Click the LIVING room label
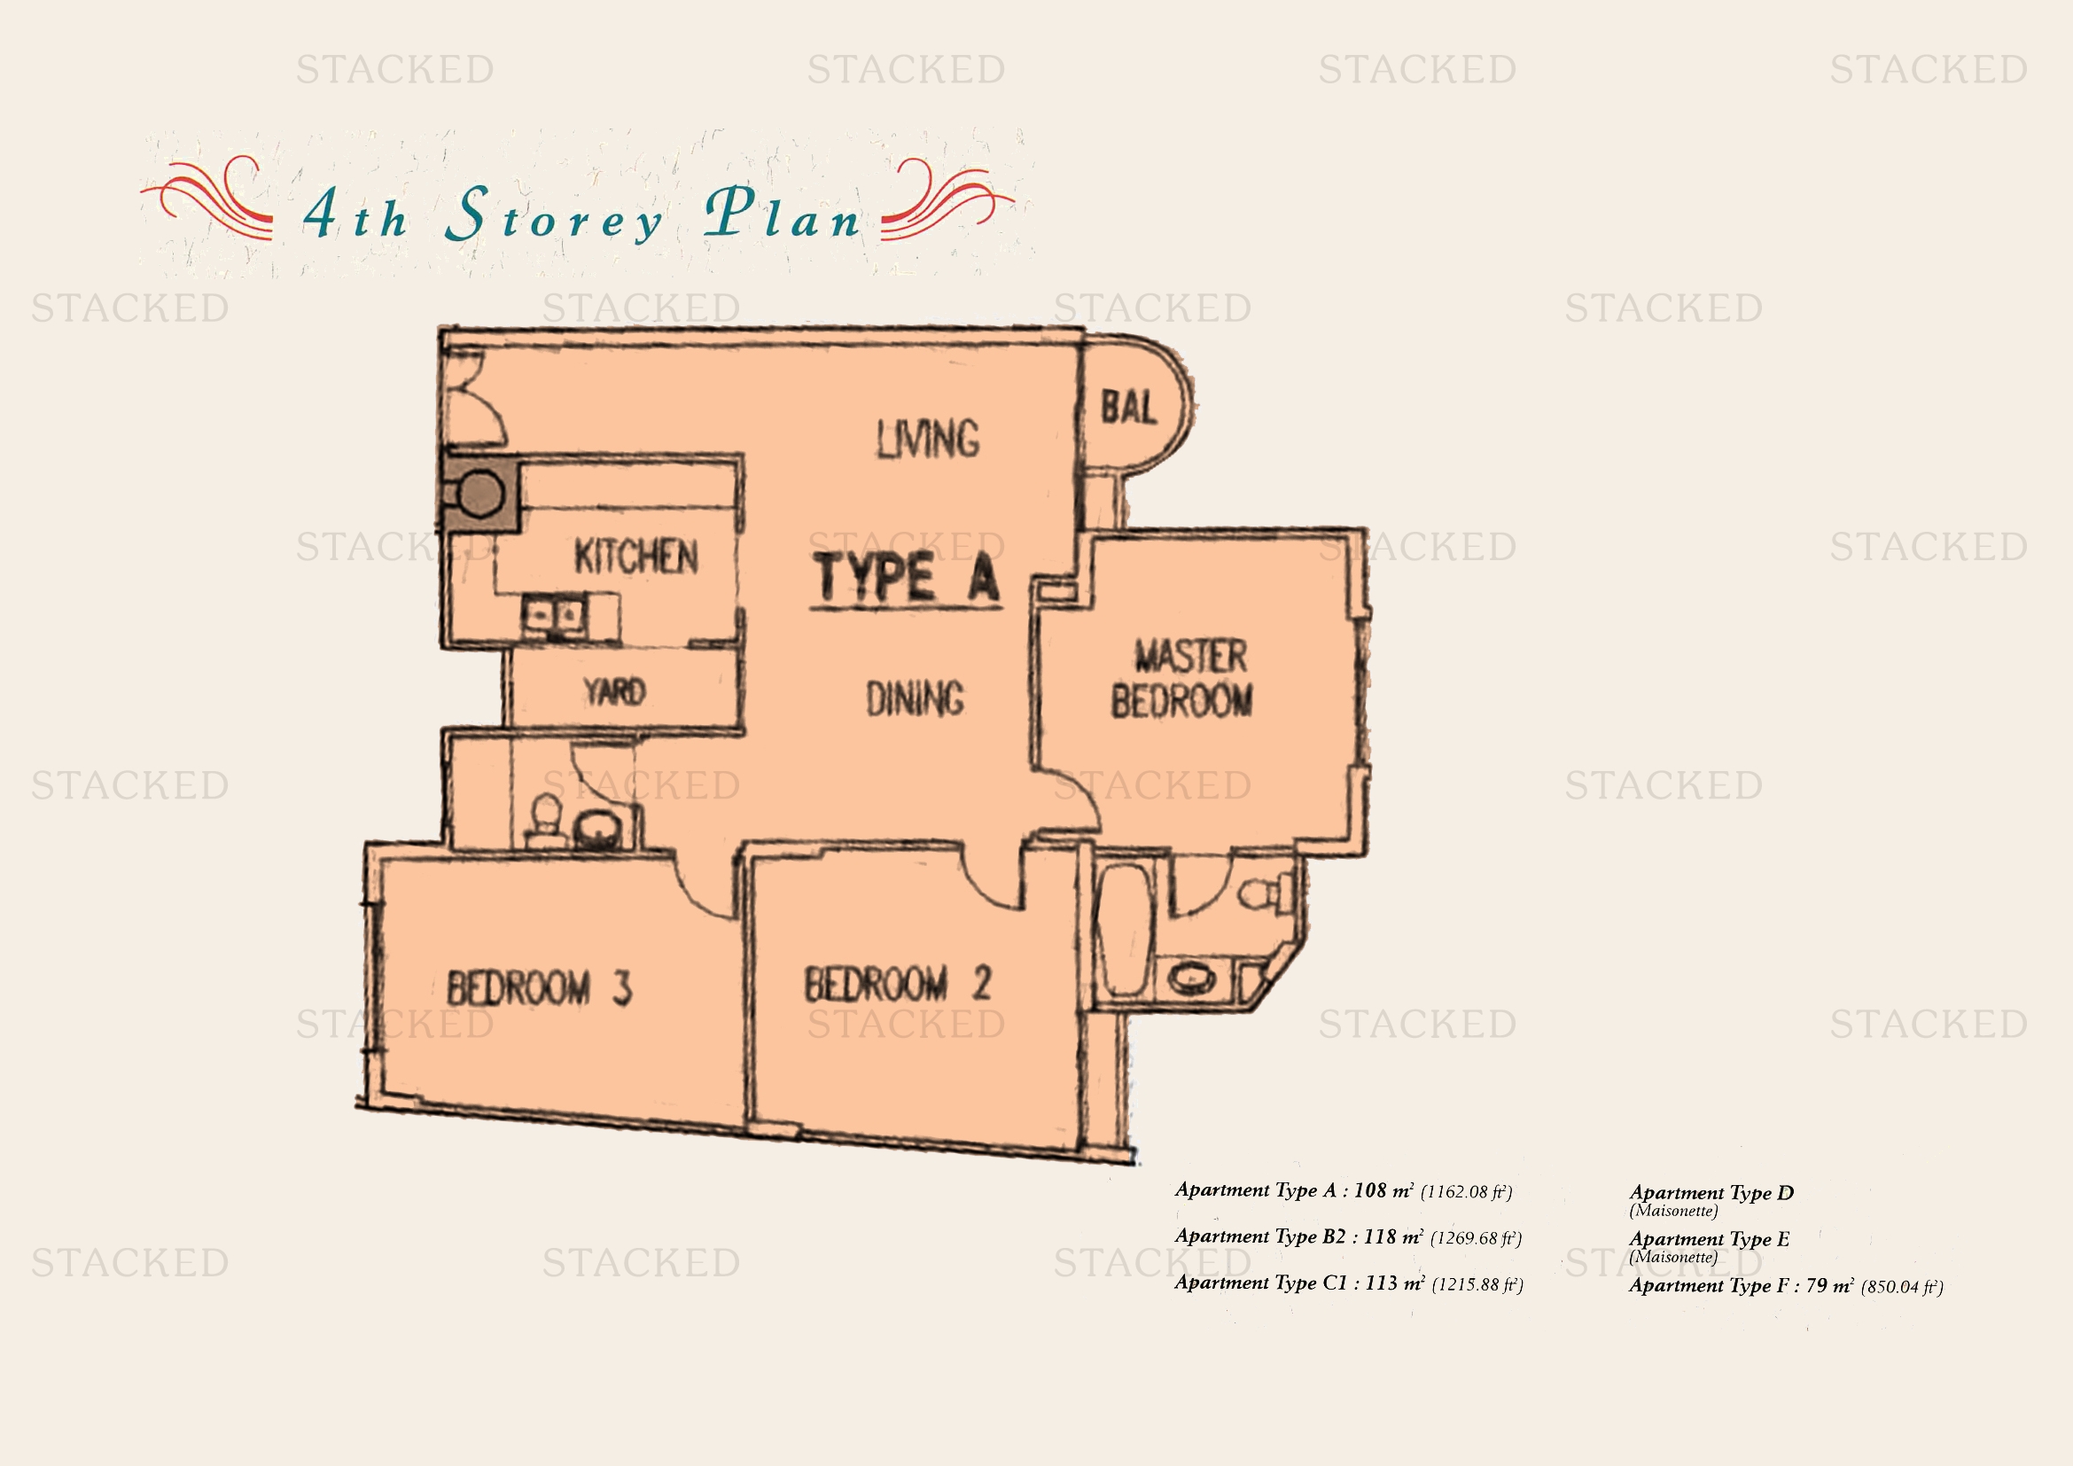coord(928,439)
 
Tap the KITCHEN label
coord(636,556)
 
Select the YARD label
coord(615,692)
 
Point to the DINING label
coord(916,698)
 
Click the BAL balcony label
coord(1128,407)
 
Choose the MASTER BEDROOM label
coord(1183,678)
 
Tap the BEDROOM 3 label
coord(540,987)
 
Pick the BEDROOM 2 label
coord(899,983)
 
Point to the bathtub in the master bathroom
coord(1123,931)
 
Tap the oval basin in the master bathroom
coord(1193,979)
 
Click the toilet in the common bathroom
coord(544,818)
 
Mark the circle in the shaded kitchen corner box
coord(482,494)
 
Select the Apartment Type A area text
coord(1344,1190)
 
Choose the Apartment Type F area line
coord(1786,1285)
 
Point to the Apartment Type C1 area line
coord(1349,1283)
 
